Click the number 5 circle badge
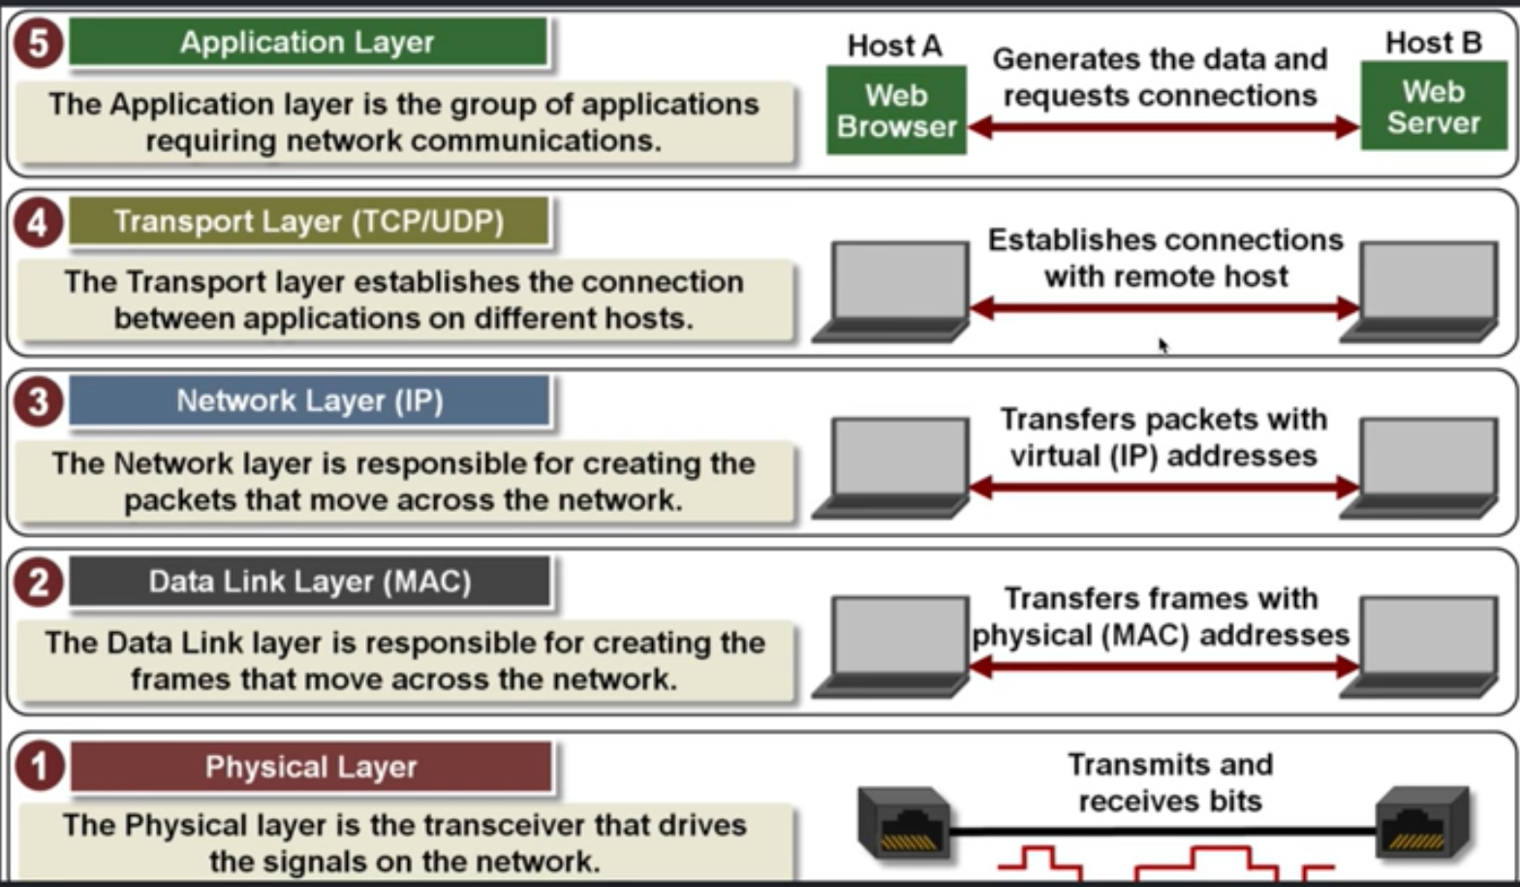(x=38, y=44)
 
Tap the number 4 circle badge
(x=38, y=223)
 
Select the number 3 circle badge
(x=38, y=401)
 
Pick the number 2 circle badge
(x=38, y=582)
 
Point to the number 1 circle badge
(x=39, y=767)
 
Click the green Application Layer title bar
(x=307, y=43)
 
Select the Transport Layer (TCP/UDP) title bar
(x=308, y=222)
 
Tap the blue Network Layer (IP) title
(x=309, y=401)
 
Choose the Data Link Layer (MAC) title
(x=309, y=582)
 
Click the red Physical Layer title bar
(x=310, y=767)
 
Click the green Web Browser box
(x=896, y=111)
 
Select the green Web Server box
(x=1433, y=107)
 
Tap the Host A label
(x=894, y=46)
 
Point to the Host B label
(x=1433, y=43)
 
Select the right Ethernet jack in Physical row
(x=1422, y=823)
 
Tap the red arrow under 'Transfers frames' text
(x=1163, y=667)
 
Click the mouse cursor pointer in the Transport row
(x=1163, y=345)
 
